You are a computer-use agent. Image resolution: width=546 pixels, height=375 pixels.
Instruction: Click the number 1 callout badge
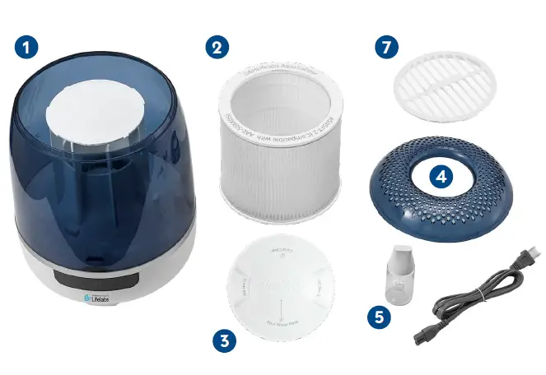(x=27, y=46)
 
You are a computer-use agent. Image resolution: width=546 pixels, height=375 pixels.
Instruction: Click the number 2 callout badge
(x=217, y=46)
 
